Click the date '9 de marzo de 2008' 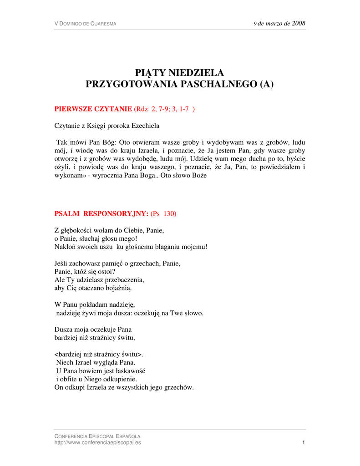[x=279, y=23]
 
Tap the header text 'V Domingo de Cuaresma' [x=85, y=24]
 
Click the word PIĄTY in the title [x=151, y=73]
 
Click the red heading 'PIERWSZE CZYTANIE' [x=93, y=109]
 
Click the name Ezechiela [x=144, y=125]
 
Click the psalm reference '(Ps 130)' [x=163, y=213]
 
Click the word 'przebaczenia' [x=128, y=279]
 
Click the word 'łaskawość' [x=128, y=370]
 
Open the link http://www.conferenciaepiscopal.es [x=97, y=442]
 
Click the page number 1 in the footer [x=303, y=442]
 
